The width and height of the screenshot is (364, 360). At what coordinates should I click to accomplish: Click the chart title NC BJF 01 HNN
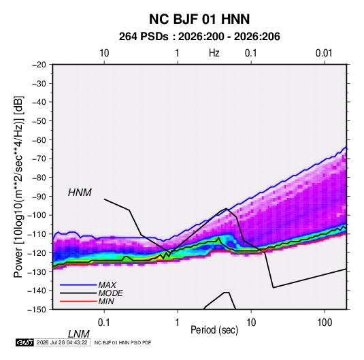(x=199, y=19)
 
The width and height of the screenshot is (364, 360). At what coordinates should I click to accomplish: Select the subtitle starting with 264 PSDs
(x=199, y=37)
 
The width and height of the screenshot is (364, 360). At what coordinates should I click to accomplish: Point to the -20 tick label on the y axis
(x=39, y=65)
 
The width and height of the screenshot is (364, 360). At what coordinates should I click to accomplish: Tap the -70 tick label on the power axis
(x=39, y=159)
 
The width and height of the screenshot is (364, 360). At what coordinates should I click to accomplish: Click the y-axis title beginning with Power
(x=18, y=186)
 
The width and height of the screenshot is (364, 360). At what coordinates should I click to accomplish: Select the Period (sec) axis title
(x=214, y=330)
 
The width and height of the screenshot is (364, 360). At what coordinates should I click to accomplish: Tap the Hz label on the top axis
(x=214, y=53)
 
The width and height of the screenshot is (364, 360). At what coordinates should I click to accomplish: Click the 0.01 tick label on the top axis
(x=324, y=53)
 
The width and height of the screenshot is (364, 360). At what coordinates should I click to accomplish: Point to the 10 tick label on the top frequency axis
(x=104, y=53)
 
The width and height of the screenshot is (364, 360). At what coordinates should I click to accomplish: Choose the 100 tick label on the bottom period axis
(x=325, y=323)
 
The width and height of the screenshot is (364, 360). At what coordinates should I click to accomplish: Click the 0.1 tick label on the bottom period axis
(x=104, y=323)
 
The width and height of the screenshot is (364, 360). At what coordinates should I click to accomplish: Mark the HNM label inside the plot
(x=80, y=193)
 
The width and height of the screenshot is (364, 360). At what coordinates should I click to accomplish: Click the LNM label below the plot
(x=78, y=334)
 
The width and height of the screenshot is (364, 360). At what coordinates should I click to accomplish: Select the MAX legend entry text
(x=107, y=285)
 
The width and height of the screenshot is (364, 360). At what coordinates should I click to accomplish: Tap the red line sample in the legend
(x=78, y=301)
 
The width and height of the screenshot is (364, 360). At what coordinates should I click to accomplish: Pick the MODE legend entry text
(x=110, y=293)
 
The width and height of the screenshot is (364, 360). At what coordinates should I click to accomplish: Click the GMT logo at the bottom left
(x=25, y=342)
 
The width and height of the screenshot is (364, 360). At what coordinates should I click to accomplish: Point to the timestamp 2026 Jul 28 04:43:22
(x=62, y=342)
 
